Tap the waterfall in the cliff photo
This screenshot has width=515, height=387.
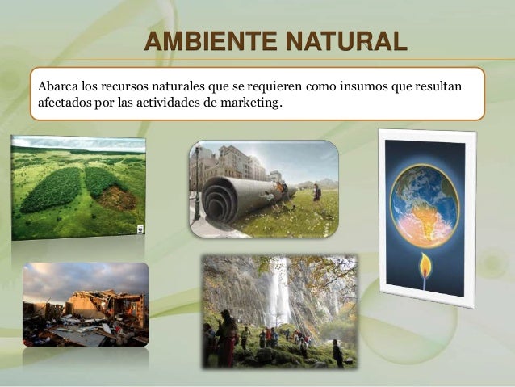click(279, 291)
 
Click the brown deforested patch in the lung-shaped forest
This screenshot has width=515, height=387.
click(119, 196)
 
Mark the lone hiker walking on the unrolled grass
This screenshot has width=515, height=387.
click(316, 192)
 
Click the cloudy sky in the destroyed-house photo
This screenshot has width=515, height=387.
click(81, 279)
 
